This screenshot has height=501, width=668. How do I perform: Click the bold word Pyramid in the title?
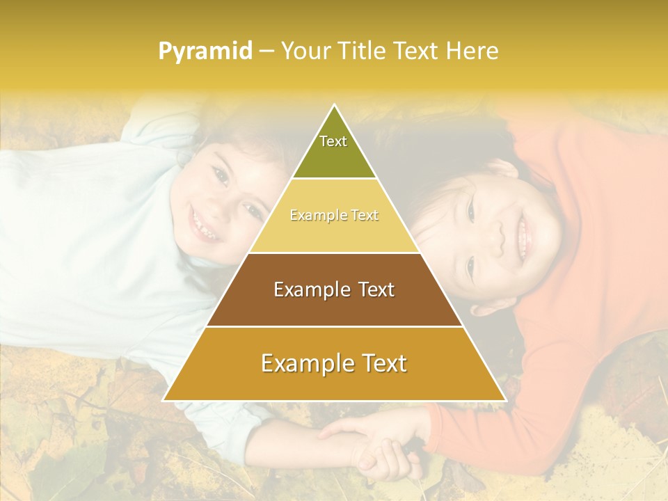pos(205,51)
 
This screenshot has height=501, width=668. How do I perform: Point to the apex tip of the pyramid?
pos(334,105)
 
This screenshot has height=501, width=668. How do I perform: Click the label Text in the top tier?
pos(333,141)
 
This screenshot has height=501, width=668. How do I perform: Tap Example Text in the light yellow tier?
pos(334,215)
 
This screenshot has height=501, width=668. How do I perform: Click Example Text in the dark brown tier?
pos(334,289)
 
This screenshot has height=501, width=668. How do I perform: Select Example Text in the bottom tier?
pos(334,363)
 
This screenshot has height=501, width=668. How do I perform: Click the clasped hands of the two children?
pos(372,445)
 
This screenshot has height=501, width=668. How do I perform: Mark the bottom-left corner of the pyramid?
pos(164,401)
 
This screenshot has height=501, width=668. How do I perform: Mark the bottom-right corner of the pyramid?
pos(505,401)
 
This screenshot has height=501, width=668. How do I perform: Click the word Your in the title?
pos(304,51)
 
